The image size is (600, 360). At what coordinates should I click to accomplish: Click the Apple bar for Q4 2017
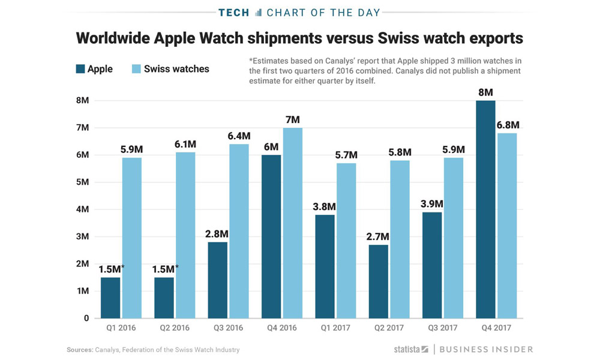(x=485, y=209)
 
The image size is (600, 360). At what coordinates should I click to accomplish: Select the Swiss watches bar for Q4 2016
(x=292, y=223)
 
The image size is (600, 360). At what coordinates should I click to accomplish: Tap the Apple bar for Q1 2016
(x=111, y=298)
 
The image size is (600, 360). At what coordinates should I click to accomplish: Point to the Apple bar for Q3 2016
(x=218, y=280)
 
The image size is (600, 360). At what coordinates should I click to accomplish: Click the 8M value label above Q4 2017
(x=485, y=93)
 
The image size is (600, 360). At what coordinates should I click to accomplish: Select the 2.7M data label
(x=379, y=237)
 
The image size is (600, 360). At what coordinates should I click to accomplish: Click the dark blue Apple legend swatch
(x=79, y=69)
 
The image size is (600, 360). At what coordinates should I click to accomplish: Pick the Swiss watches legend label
(x=176, y=69)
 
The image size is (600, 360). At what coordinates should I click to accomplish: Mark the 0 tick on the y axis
(x=86, y=318)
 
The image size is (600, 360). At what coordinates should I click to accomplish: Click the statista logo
(x=411, y=349)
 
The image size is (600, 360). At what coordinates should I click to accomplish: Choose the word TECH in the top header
(x=235, y=12)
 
